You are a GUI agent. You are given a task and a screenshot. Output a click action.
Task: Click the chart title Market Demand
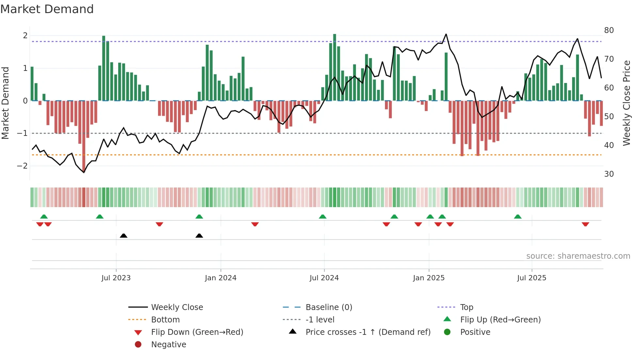tap(47, 9)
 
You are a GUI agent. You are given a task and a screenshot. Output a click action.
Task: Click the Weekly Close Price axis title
tap(626, 103)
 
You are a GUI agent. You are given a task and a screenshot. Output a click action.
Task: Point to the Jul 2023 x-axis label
tap(116, 278)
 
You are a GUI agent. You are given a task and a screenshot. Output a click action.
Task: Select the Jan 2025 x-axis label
tap(428, 278)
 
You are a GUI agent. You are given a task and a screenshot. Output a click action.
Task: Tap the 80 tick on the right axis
tap(609, 30)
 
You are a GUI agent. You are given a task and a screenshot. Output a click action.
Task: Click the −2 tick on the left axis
tap(23, 166)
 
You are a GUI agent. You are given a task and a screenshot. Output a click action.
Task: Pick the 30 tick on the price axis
tap(609, 174)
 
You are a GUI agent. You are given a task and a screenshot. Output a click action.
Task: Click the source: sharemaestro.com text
tap(578, 256)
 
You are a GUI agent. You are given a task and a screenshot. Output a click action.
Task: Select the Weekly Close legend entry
tap(177, 307)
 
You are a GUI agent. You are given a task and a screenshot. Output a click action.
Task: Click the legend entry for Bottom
tap(165, 320)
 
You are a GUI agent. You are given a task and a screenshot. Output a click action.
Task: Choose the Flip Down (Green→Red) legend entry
tap(197, 332)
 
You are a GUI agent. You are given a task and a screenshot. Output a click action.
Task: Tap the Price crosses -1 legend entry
tap(368, 332)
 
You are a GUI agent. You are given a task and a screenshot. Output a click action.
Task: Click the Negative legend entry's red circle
tap(138, 345)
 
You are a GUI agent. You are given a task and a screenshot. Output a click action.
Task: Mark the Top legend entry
tap(466, 307)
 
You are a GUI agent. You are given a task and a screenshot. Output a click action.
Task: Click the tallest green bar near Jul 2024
tap(334, 67)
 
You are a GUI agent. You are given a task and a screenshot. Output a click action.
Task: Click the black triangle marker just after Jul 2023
tap(123, 236)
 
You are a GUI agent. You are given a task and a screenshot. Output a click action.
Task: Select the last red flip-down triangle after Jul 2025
tap(585, 224)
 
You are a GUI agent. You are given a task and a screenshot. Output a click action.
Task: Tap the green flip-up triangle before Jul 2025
tap(518, 217)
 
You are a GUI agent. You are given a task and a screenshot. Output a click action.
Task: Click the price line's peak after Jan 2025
tap(446, 34)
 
